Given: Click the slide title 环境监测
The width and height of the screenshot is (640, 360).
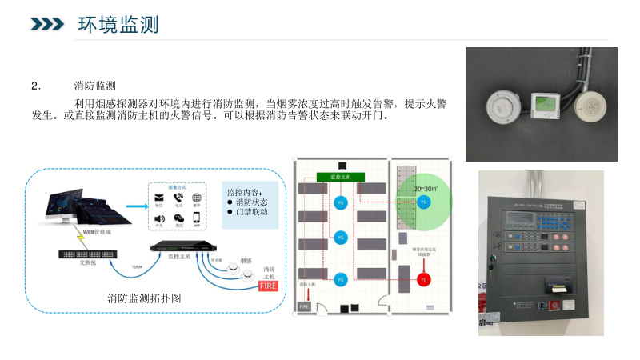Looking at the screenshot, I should tap(118, 25).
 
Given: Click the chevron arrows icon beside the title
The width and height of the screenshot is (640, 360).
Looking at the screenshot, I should tap(47, 25).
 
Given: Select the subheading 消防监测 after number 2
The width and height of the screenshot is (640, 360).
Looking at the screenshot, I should tap(95, 86).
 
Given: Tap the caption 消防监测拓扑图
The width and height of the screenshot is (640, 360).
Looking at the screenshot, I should tap(145, 298).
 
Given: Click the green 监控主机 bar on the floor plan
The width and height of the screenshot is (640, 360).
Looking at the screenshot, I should tap(340, 176).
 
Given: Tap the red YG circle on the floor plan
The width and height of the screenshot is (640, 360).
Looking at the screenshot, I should tap(424, 279).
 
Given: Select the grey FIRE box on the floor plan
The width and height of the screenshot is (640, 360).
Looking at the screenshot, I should tap(304, 306).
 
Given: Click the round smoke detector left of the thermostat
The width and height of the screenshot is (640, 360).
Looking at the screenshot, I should tap(505, 105).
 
